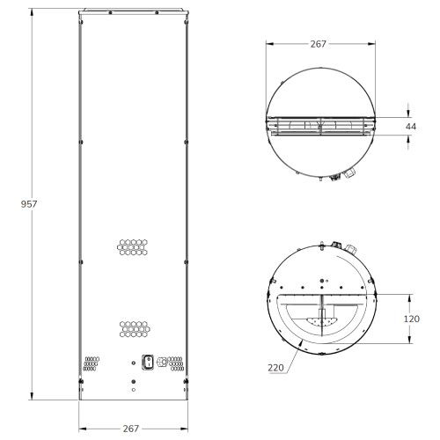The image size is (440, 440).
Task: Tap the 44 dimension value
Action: (412, 128)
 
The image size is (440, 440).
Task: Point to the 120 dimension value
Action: (412, 319)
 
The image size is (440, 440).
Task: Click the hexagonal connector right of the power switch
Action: (162, 362)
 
